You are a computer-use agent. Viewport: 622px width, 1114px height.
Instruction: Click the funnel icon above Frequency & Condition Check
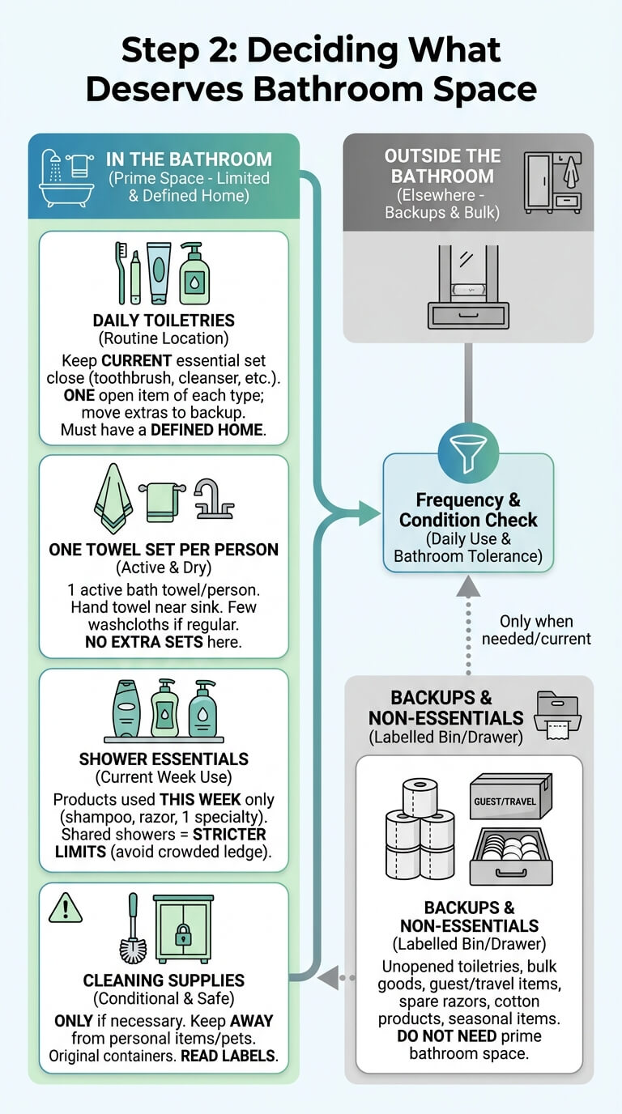[x=468, y=453]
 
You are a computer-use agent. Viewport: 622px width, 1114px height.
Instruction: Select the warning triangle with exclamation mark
[x=66, y=908]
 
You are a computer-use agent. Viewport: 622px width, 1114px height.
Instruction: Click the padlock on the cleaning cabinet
[x=183, y=935]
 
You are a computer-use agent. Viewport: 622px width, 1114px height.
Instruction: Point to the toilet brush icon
[x=134, y=928]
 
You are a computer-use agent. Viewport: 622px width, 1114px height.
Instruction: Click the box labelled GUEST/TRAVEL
[x=510, y=796]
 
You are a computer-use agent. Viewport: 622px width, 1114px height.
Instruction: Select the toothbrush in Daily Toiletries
[x=121, y=273]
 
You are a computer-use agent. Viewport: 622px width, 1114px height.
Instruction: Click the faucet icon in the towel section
[x=214, y=500]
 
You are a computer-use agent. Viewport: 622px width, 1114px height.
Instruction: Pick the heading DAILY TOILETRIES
[x=164, y=321]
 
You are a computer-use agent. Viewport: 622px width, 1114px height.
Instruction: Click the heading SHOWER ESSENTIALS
[x=164, y=759]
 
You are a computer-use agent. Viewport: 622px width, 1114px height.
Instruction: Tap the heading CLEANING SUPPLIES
[x=164, y=980]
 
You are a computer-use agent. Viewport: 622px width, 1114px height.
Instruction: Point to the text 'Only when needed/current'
[x=536, y=630]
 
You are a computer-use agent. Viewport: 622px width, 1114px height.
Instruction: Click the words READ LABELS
[x=228, y=1056]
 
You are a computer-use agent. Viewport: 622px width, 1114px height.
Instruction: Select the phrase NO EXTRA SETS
[x=144, y=642]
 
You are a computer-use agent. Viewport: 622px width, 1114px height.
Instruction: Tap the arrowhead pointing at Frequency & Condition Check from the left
[x=369, y=513]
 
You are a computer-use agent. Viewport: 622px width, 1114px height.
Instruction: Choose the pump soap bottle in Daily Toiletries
[x=194, y=273]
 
